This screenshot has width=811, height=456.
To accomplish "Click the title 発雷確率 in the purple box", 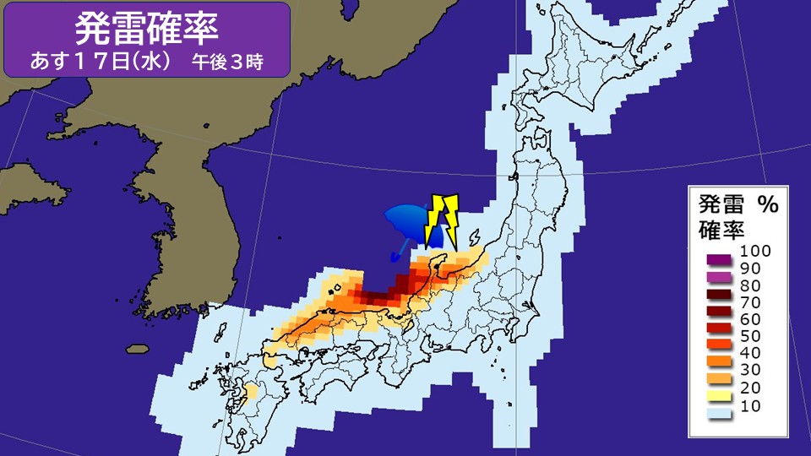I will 147,28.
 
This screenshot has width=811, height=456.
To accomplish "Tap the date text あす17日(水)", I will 102,62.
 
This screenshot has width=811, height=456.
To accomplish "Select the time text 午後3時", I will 229,62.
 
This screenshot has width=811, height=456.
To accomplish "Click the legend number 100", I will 754,251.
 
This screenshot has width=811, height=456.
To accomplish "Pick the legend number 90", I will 750,268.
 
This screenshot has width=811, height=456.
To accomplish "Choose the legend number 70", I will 750,301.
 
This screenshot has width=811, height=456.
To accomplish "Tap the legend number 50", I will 750,335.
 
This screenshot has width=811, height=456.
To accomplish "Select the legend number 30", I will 750,369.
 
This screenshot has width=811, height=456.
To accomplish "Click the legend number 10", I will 750,407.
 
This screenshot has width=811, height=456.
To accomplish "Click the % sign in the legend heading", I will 766,204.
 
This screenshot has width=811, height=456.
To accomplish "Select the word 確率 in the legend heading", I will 719,227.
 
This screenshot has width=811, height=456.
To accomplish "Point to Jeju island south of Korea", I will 137,348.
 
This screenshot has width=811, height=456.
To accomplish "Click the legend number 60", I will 750,318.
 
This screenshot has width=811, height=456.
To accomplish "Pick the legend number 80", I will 750,285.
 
